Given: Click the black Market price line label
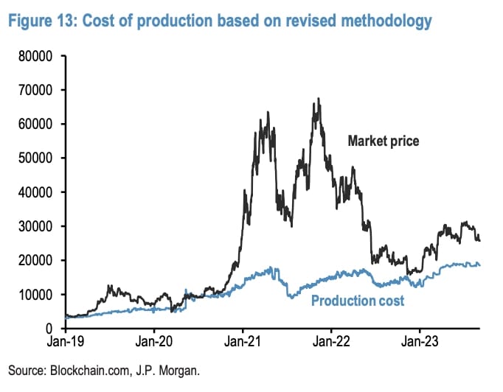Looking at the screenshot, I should tap(384, 140).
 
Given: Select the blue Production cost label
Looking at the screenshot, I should tap(358, 301).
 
